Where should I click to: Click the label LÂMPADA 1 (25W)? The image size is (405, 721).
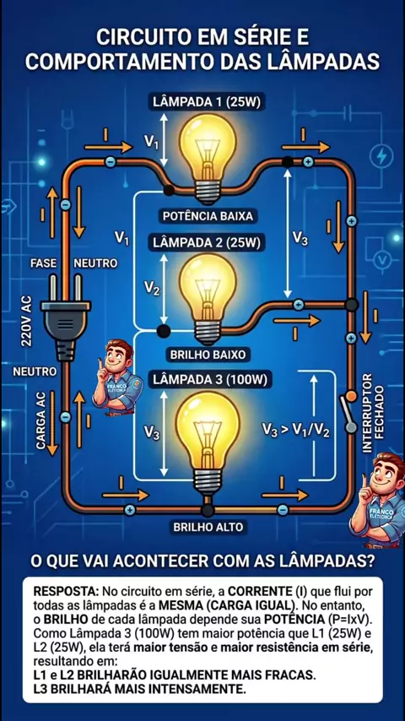[x=206, y=101]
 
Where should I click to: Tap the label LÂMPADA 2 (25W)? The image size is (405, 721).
[x=206, y=241]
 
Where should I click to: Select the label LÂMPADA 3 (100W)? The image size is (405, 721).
[x=209, y=380]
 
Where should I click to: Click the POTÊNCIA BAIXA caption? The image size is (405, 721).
[x=208, y=215]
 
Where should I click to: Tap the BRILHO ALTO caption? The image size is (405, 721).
[x=208, y=527]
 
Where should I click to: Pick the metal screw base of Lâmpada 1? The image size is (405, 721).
[x=208, y=192]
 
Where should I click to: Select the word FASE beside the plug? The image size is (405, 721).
[x=44, y=263]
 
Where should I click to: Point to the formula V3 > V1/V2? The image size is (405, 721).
[x=295, y=430]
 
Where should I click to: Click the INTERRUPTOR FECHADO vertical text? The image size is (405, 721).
[x=373, y=413]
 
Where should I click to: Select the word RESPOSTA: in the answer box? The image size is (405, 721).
[x=67, y=590]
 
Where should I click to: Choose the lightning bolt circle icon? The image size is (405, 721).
[x=381, y=156]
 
